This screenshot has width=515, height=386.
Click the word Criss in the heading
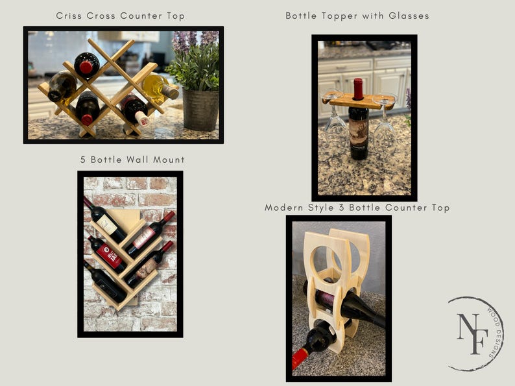(x=69, y=16)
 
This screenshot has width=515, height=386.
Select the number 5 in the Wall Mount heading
(x=82, y=160)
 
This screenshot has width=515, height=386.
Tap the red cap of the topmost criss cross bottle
(x=86, y=67)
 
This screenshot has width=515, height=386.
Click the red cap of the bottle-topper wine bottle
(x=357, y=88)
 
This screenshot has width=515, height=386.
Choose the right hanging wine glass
(x=385, y=123)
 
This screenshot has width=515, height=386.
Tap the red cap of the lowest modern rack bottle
(x=299, y=359)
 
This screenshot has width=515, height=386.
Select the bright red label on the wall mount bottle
(x=111, y=256)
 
